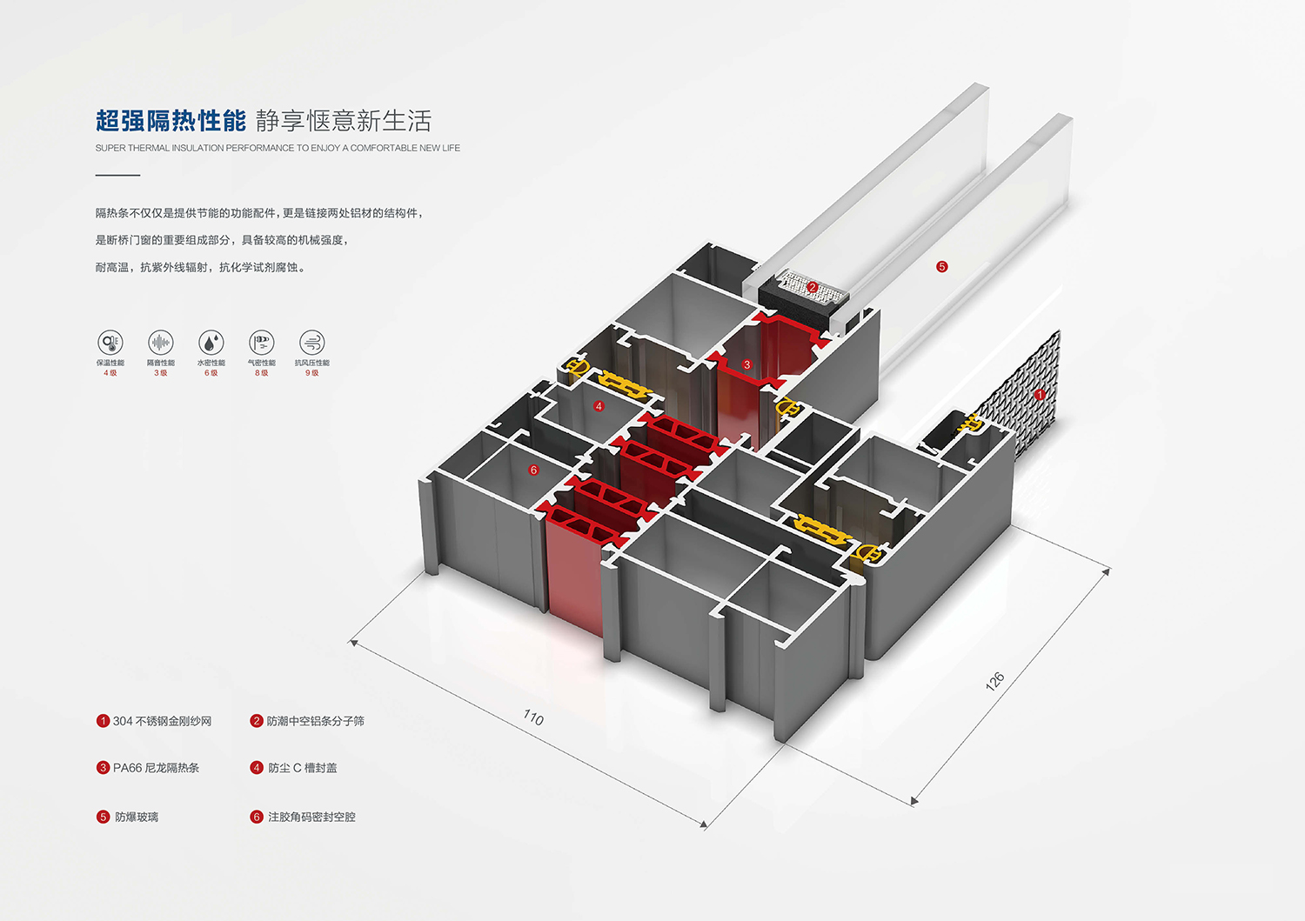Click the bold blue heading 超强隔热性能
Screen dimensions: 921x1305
click(171, 121)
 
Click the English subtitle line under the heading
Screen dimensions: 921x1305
click(278, 148)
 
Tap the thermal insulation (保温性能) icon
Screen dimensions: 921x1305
click(110, 342)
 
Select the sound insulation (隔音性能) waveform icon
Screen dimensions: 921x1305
click(161, 342)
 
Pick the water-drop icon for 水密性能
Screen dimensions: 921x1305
click(211, 342)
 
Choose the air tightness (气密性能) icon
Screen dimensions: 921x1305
click(262, 342)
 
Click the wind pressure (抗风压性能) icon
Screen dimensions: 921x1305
click(311, 342)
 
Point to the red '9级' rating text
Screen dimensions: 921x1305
click(311, 373)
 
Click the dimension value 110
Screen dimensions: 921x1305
click(533, 717)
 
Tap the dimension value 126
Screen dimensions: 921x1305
click(994, 680)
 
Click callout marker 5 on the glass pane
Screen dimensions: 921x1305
click(941, 267)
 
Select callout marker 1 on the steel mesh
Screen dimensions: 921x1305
click(1039, 394)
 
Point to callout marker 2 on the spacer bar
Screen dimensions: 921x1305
click(812, 287)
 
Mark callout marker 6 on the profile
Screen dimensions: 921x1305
click(533, 470)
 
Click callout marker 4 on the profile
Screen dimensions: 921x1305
click(599, 406)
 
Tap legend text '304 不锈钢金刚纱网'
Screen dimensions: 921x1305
click(162, 721)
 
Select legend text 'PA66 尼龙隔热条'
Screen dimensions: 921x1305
click(156, 768)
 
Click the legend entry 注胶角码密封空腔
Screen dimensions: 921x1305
click(311, 817)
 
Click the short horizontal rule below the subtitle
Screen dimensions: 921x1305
click(117, 175)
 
